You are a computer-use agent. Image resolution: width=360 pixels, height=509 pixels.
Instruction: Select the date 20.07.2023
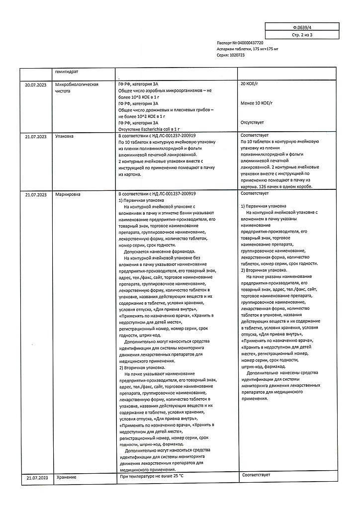point(36,85)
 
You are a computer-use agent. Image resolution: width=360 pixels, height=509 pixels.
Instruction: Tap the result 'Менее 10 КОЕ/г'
point(257,103)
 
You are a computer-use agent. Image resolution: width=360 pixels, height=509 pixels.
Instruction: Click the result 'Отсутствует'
point(252,122)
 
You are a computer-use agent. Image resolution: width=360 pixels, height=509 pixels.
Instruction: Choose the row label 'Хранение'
point(66,478)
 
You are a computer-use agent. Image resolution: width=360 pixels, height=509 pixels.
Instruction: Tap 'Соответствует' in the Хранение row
point(256,475)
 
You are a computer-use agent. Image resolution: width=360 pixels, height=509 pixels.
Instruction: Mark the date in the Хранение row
point(36,478)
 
